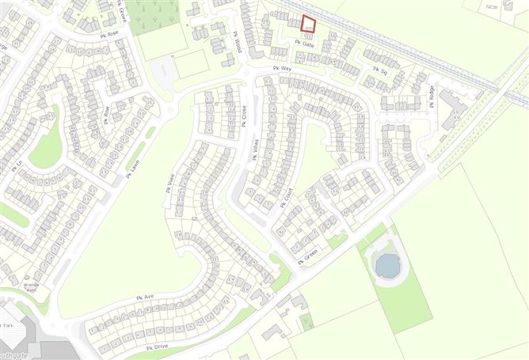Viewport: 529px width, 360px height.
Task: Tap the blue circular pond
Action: (x=388, y=265)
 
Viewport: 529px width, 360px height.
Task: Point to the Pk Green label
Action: (x=307, y=256)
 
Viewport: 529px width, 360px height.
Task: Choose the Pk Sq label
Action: (x=379, y=70)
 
